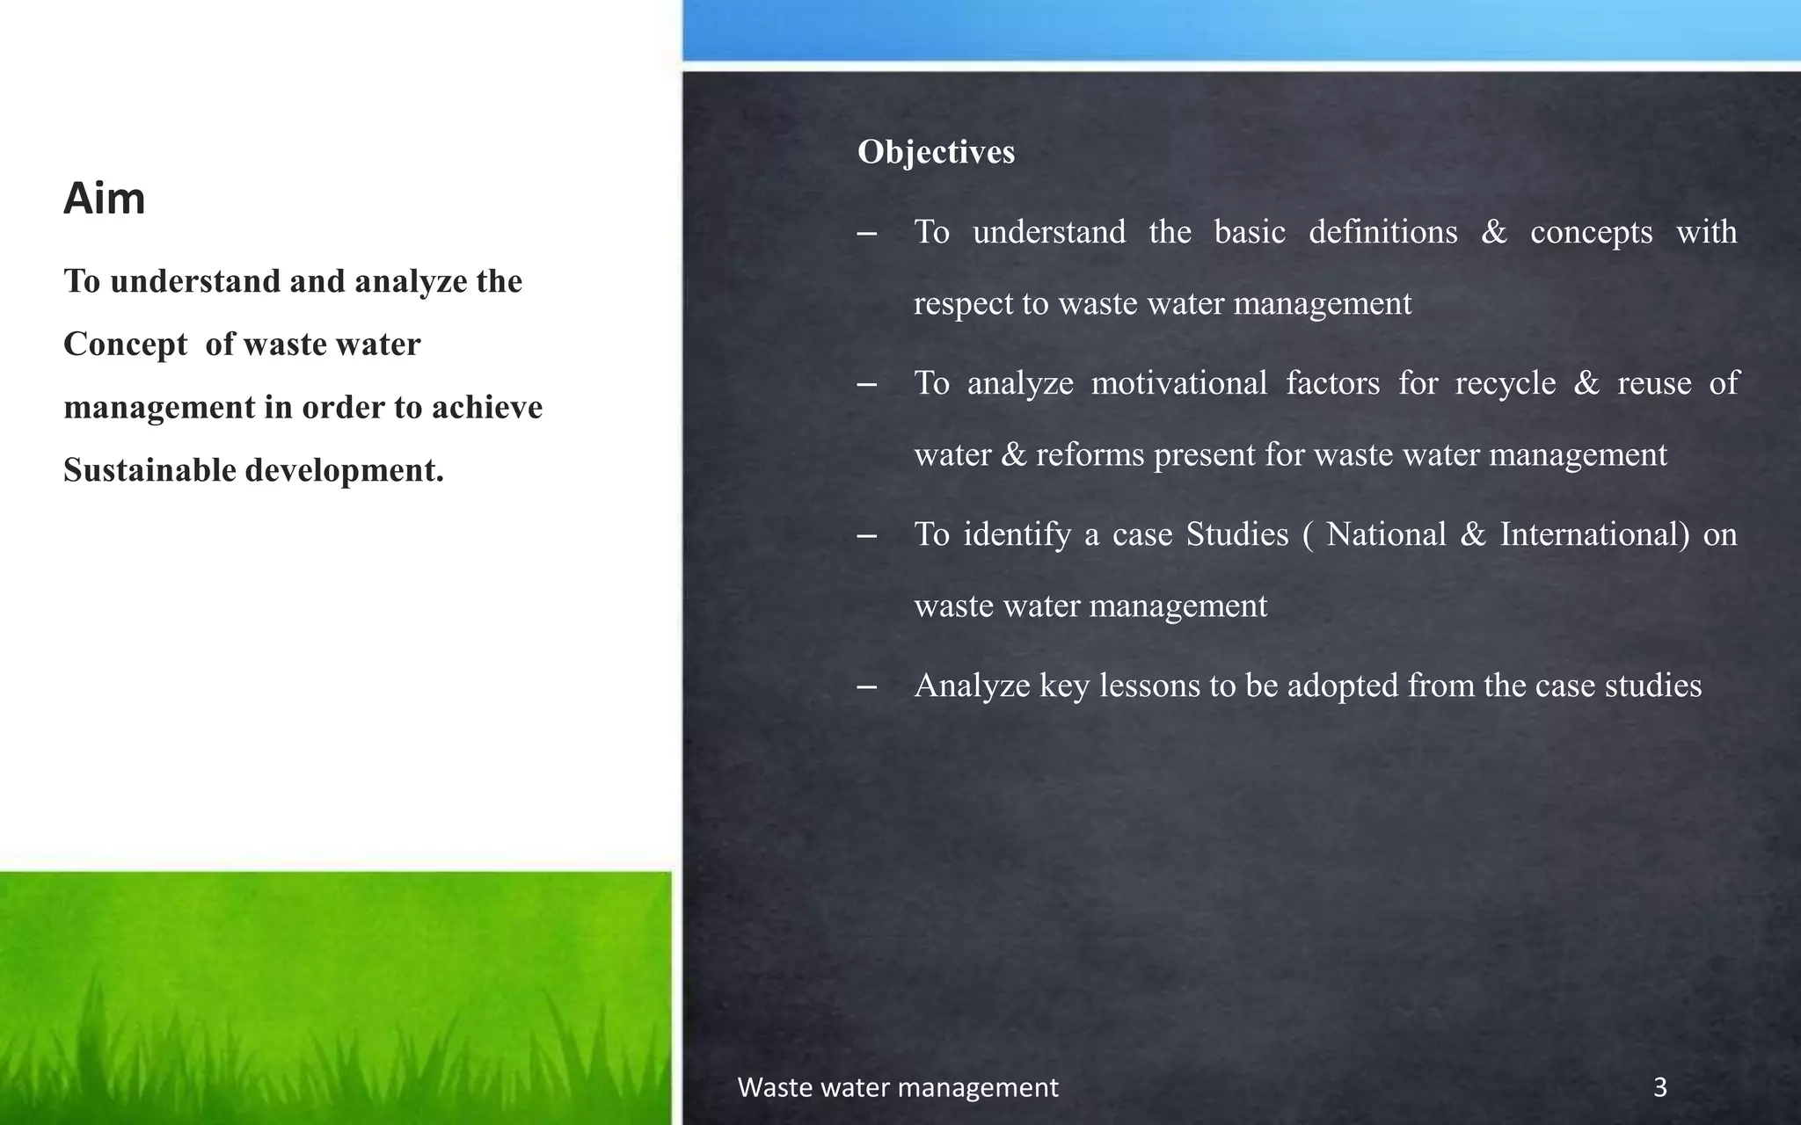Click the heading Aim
click(104, 199)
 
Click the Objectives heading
click(936, 152)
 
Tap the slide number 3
click(1659, 1088)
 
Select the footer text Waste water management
click(897, 1088)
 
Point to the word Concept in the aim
click(125, 345)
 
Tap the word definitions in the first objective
click(1382, 232)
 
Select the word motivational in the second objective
click(1178, 383)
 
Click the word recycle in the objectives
click(1505, 383)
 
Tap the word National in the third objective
click(1385, 534)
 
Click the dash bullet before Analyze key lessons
click(866, 686)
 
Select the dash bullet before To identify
click(866, 535)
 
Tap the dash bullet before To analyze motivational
click(866, 384)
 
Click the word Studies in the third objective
click(1236, 534)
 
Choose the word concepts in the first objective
click(1591, 232)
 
